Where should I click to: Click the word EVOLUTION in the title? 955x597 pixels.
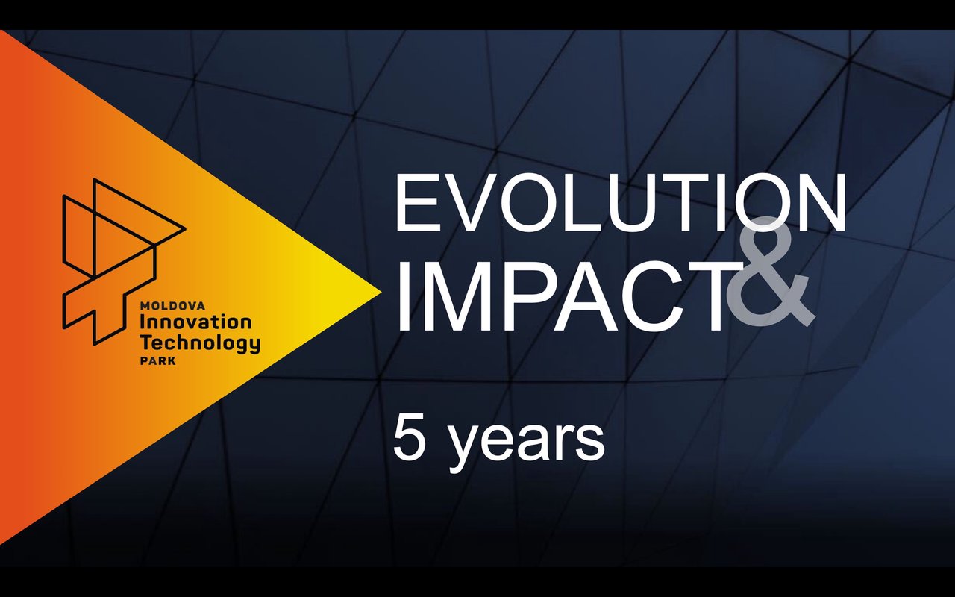621,202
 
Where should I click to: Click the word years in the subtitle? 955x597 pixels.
527,445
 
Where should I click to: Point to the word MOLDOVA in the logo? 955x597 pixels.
172,306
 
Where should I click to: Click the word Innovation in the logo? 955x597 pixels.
195,322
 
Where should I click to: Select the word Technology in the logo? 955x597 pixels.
201,343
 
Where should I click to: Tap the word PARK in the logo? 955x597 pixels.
157,361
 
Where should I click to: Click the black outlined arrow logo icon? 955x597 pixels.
124,261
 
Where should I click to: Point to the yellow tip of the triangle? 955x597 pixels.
381,291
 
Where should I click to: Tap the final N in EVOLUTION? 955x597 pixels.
823,202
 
